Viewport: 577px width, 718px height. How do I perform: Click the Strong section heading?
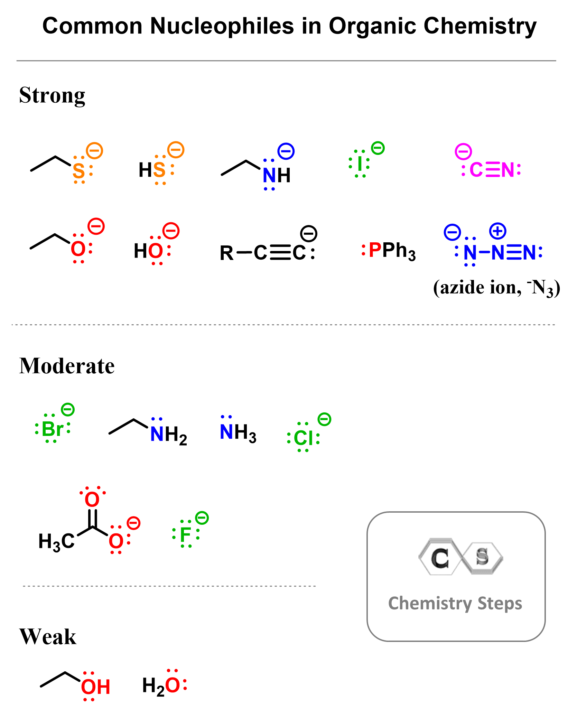[x=52, y=95]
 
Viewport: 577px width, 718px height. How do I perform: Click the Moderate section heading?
[x=67, y=366]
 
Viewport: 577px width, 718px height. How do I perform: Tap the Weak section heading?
[x=48, y=636]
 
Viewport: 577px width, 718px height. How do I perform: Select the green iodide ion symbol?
[x=360, y=164]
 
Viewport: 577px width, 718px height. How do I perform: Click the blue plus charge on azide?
[x=497, y=231]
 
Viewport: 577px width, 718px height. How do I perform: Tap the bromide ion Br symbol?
[x=53, y=429]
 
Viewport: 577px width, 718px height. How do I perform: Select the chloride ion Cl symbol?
[x=303, y=438]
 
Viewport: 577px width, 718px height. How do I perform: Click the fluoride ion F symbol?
[x=186, y=535]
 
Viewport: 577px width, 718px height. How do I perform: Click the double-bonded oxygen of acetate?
[x=92, y=499]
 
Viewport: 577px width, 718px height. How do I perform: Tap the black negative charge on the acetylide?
[x=309, y=234]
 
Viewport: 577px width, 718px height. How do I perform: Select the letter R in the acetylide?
[x=226, y=253]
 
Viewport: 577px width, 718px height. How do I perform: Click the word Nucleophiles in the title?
[x=222, y=26]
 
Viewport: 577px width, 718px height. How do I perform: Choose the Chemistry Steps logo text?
[x=455, y=604]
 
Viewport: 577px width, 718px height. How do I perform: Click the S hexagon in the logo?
[x=482, y=557]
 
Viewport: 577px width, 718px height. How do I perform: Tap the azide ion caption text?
[x=496, y=288]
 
